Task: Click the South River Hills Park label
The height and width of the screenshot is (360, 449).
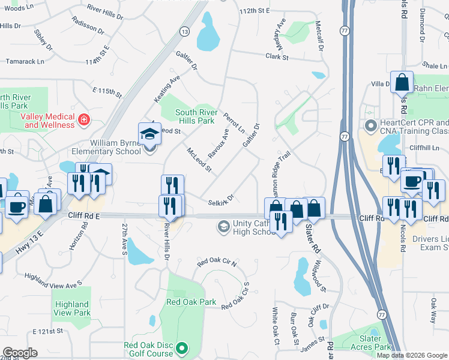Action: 195,116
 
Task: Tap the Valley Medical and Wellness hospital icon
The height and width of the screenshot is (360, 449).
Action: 85,119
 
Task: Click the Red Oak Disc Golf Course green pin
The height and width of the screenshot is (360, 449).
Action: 183,347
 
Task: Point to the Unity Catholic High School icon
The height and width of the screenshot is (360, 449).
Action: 223,226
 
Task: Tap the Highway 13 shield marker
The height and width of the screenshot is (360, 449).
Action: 184,31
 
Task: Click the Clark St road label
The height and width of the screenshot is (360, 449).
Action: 277,58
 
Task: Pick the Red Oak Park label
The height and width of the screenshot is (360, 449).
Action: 191,302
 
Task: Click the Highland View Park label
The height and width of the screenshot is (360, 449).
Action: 71,308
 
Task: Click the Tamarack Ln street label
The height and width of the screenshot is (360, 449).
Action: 25,61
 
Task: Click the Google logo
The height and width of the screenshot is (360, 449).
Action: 20,353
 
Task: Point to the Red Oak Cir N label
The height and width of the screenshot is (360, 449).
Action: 217,263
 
